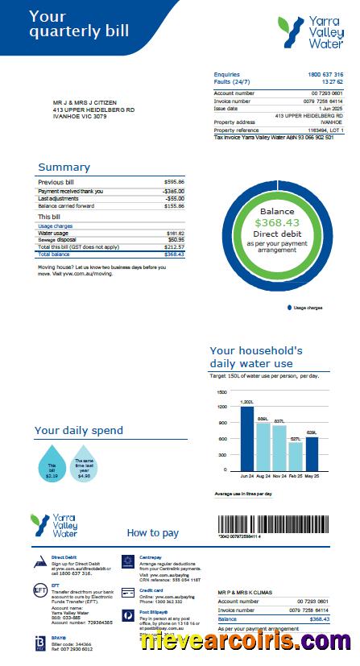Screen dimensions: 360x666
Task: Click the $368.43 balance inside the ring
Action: [277, 223]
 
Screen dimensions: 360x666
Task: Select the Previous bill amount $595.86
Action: [174, 182]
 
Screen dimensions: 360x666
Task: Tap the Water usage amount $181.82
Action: [175, 233]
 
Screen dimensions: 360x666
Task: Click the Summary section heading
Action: [64, 168]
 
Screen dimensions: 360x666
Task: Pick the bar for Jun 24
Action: [247, 439]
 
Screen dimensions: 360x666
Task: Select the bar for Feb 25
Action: [296, 457]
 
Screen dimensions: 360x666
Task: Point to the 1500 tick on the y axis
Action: [221, 391]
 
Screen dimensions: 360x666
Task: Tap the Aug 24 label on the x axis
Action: [263, 477]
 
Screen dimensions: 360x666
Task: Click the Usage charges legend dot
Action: [288, 308]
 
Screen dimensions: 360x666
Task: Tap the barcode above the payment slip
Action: [270, 526]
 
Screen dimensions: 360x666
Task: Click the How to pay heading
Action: [153, 533]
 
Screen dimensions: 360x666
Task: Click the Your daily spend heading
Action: [79, 431]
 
